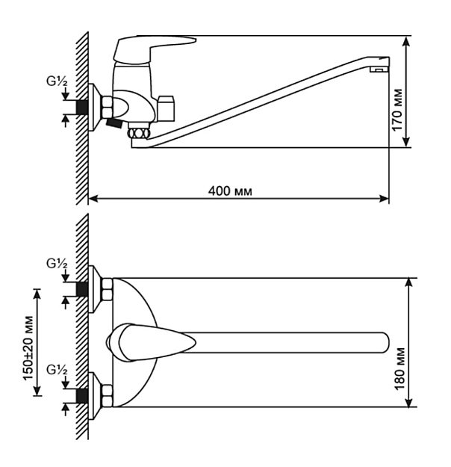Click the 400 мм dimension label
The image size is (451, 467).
click(230, 191)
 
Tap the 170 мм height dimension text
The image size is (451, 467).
click(396, 110)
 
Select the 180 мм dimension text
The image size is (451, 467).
click(399, 368)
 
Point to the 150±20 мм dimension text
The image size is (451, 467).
click(28, 348)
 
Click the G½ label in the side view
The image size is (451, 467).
click(57, 81)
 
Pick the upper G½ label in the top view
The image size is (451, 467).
click(57, 264)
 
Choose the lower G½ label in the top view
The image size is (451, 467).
click(57, 370)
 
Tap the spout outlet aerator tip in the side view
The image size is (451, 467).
click(379, 69)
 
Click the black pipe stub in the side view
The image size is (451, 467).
click(82, 107)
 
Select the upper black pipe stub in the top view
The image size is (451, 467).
click(82, 289)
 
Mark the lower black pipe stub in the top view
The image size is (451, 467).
click(82, 396)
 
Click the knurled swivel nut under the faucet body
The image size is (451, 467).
click(138, 133)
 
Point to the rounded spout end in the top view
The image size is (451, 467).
click(384, 342)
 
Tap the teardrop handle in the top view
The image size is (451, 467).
click(152, 342)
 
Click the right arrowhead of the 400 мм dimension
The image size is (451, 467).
click(384, 198)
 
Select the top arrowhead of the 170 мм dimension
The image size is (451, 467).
click(406, 41)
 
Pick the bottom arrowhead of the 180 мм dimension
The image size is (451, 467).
click(409, 401)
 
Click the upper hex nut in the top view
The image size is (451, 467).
click(107, 289)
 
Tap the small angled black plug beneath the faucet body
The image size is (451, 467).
click(114, 123)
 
